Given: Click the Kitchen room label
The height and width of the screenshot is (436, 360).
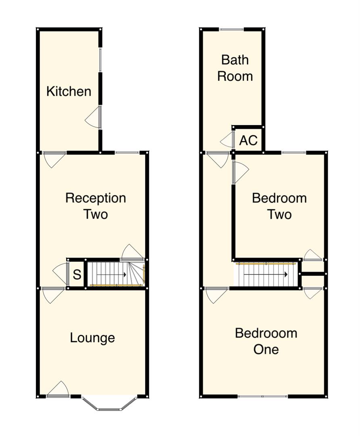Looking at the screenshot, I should [69, 91].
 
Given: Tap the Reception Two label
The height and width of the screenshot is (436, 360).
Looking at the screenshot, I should [96, 206].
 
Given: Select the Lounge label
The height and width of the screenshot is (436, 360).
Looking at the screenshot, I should [92, 337].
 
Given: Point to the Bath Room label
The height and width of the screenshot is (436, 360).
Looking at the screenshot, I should [235, 68].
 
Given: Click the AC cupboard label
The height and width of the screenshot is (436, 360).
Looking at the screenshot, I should [248, 140].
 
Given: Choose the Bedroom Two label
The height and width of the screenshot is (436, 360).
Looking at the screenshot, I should [279, 206].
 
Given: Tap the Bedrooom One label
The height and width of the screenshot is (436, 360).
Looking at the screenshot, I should [266, 341].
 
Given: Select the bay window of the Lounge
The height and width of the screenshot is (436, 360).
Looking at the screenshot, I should [109, 405].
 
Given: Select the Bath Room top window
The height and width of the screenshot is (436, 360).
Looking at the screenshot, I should [232, 29].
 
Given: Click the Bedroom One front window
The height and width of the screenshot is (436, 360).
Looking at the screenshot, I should [263, 396].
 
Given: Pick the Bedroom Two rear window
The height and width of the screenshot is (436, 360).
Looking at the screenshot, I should [293, 152].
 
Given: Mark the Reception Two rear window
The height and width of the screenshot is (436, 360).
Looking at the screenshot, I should [127, 152].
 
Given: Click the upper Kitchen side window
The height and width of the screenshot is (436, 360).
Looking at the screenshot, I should [100, 61].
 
